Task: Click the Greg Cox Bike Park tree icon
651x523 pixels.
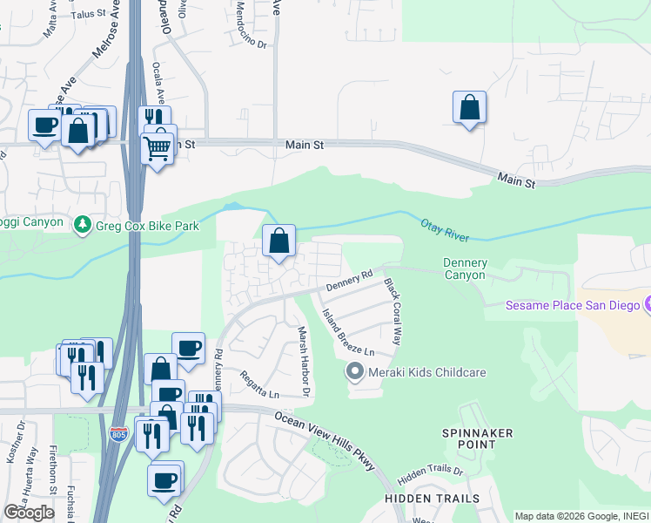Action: coord(83,226)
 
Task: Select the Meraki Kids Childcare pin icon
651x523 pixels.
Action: coord(354,372)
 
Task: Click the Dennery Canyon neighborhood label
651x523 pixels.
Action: coord(465,269)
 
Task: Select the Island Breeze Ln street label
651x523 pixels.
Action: coord(347,333)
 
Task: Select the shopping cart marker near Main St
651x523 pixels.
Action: coord(157,149)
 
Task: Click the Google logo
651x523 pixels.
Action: coord(29,513)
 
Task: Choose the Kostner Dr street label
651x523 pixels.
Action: coord(20,445)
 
